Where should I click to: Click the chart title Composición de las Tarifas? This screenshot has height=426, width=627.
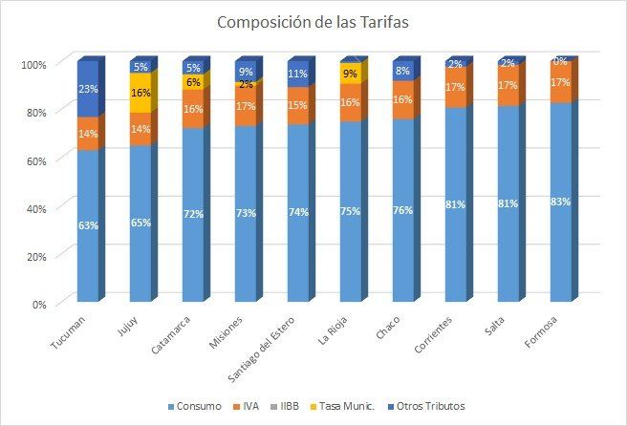pos(313,22)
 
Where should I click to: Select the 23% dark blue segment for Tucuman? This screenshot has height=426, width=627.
pos(88,89)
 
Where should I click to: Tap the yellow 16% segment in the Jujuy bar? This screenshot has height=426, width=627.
pos(141,94)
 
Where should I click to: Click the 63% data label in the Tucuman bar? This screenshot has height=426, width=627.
pos(88,226)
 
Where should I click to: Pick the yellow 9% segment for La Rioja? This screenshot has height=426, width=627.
pos(351,74)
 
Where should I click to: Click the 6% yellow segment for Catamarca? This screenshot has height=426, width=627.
pos(193,83)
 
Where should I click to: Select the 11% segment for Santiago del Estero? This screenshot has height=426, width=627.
pos(298,74)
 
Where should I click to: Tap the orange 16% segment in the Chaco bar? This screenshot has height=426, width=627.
pos(403,99)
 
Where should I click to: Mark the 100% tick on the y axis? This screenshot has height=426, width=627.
pos(32,64)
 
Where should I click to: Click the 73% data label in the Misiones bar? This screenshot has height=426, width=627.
pos(246,213)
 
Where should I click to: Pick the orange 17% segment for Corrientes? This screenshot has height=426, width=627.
pos(456,87)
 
